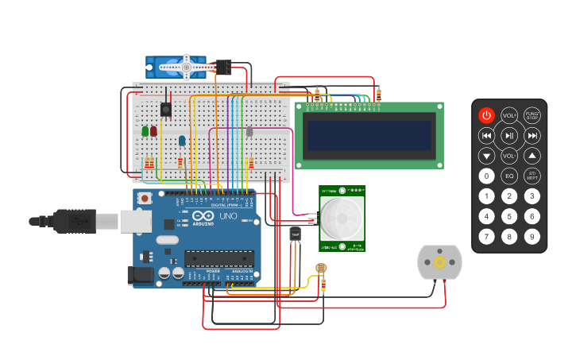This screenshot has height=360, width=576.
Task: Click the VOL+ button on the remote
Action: (509, 115)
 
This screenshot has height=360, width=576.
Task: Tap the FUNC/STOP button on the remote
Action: (532, 115)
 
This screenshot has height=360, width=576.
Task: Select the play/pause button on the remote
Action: (509, 136)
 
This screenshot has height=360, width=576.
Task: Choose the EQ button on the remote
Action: (509, 176)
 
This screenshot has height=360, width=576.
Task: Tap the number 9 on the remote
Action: (532, 236)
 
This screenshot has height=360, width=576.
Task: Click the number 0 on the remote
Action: (486, 176)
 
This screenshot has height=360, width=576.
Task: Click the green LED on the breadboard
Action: (145, 131)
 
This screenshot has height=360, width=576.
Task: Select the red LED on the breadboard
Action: (153, 131)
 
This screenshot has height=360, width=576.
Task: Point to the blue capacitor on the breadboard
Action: (182, 141)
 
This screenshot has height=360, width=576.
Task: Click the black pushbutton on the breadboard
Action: (165, 110)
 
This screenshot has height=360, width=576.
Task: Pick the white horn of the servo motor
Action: (185, 68)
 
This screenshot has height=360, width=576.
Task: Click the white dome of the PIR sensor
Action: (342, 219)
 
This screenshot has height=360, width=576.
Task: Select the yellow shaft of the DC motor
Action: (439, 262)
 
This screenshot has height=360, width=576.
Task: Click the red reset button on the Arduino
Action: (145, 198)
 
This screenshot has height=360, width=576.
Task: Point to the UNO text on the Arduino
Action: (228, 216)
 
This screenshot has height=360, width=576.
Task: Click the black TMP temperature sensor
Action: (296, 234)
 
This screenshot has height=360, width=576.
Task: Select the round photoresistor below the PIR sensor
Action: (321, 269)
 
